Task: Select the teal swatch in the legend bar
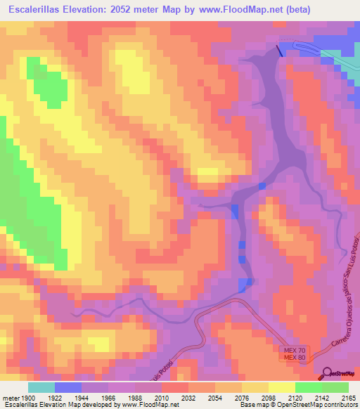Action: click(41, 387)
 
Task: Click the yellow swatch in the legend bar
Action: click(281, 387)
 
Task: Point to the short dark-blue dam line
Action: click(281, 50)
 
